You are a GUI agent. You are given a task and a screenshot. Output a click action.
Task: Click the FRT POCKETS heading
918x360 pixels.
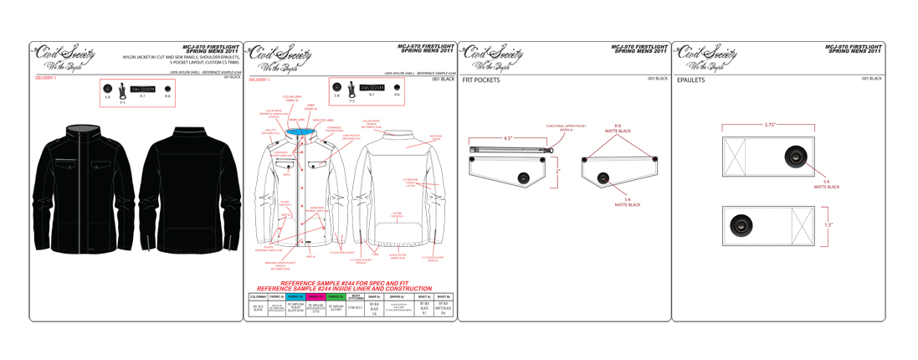pos(480,80)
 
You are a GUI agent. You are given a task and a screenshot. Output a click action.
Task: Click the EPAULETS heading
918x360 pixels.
pos(691,80)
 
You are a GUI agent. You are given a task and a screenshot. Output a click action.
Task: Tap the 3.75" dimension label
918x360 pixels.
pos(768,125)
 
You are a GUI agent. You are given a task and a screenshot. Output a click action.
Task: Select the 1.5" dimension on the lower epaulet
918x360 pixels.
pos(828,224)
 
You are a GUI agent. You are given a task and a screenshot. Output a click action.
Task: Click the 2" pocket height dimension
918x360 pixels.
pos(557,171)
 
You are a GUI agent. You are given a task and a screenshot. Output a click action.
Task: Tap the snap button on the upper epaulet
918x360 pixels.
pos(792,156)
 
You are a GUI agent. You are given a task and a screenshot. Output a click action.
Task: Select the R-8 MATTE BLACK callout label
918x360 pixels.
pos(618,129)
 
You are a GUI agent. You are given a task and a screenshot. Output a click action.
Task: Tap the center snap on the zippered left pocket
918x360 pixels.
pos(523,177)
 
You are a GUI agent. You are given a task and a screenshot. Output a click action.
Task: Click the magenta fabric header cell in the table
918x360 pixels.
pos(315,296)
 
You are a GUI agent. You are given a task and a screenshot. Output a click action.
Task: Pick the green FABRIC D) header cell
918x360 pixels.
pos(335,296)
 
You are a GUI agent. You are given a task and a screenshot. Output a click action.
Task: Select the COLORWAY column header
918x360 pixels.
pos(258,296)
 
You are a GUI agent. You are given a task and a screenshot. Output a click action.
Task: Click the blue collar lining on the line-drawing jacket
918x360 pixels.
pos(298,131)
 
